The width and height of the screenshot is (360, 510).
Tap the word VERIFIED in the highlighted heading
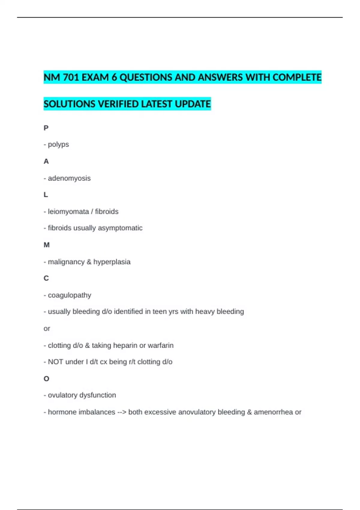pyautogui.click(x=118, y=104)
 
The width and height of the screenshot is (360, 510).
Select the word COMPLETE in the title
pyautogui.click(x=297, y=77)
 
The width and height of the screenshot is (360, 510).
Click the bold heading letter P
pyautogui.click(x=46, y=128)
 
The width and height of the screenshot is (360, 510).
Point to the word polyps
pyautogui.click(x=58, y=145)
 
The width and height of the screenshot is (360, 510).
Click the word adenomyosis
pyautogui.click(x=69, y=178)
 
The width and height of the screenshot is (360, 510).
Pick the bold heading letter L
pyautogui.click(x=46, y=195)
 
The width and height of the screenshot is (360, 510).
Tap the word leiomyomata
pyautogui.click(x=68, y=211)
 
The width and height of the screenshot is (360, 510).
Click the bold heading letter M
pyautogui.click(x=46, y=245)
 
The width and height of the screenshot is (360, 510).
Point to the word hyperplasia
pyautogui.click(x=112, y=262)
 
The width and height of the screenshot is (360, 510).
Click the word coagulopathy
pyautogui.click(x=70, y=295)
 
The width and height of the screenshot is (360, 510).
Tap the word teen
pyautogui.click(x=159, y=312)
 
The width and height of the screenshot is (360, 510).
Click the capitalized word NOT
pyautogui.click(x=55, y=362)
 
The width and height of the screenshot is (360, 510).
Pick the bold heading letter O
pyautogui.click(x=46, y=379)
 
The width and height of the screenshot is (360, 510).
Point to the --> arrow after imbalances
pyautogui.click(x=121, y=412)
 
